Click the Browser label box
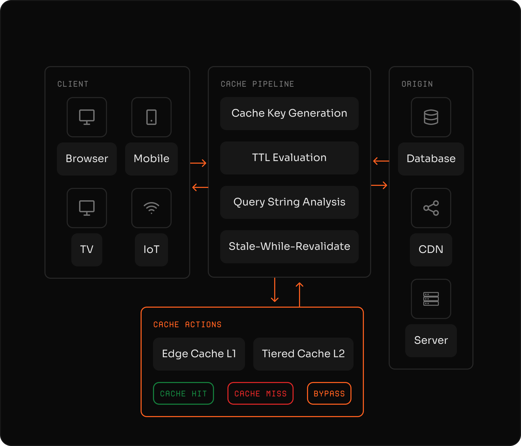click(x=87, y=159)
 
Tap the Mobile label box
click(x=151, y=159)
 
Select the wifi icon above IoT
click(x=151, y=208)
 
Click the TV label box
click(x=87, y=250)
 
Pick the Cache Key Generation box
click(x=289, y=114)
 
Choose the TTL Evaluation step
click(x=289, y=158)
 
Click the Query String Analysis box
click(x=289, y=202)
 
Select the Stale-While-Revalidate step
click(x=289, y=246)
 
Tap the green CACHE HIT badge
click(x=183, y=393)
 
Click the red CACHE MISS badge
click(x=260, y=393)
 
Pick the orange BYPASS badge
click(x=329, y=393)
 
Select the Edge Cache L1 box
click(x=199, y=354)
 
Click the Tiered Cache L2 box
click(x=303, y=354)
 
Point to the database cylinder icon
click(x=431, y=117)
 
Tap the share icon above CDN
click(x=431, y=208)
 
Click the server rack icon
click(x=431, y=299)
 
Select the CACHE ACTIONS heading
click(x=187, y=324)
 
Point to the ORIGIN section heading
click(x=417, y=84)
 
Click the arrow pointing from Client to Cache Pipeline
click(x=198, y=163)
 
